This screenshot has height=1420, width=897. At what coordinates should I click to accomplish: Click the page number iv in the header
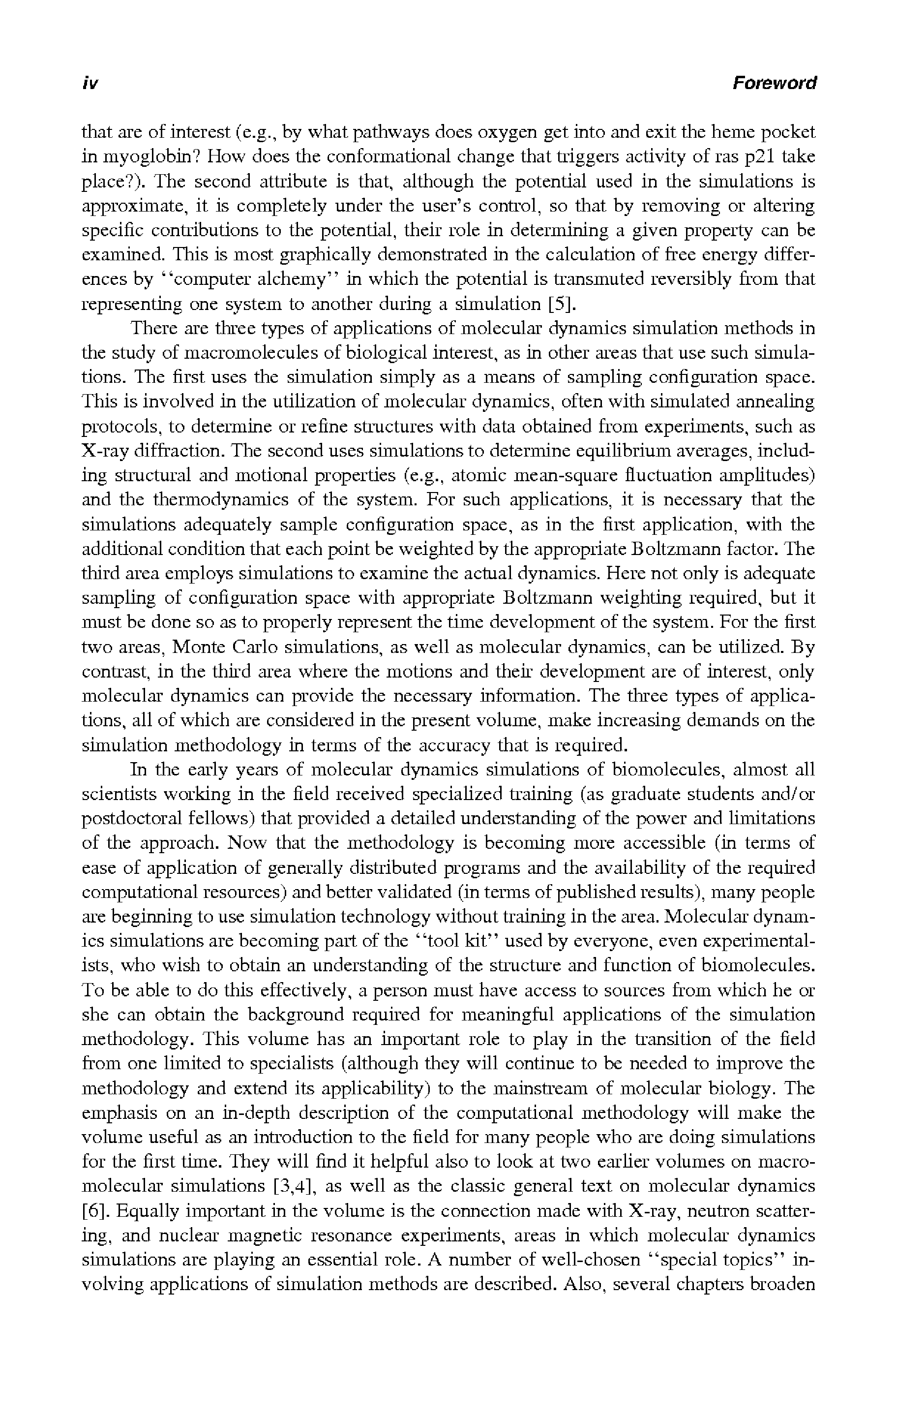tap(90, 83)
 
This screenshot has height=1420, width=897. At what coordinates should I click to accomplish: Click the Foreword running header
tap(775, 83)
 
